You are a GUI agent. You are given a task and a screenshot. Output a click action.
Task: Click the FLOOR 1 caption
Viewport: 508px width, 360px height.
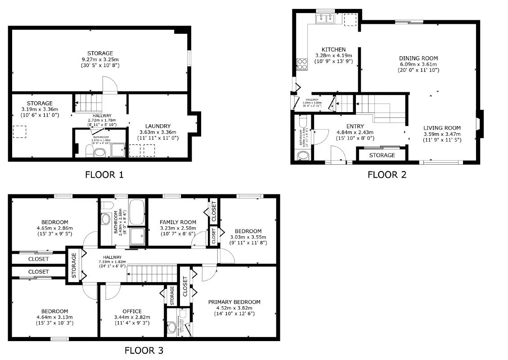pyautogui.click(x=104, y=175)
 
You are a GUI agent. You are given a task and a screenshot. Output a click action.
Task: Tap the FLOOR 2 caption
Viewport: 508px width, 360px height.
pyautogui.click(x=387, y=175)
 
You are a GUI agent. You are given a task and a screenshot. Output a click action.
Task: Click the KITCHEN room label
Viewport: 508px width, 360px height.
pyautogui.click(x=333, y=49)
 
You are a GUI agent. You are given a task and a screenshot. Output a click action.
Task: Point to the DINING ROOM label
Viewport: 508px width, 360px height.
pyautogui.click(x=418, y=58)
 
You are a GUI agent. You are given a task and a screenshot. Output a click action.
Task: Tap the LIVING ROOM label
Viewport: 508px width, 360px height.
pyautogui.click(x=442, y=128)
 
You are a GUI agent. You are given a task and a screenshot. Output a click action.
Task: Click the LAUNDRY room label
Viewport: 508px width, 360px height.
pyautogui.click(x=157, y=126)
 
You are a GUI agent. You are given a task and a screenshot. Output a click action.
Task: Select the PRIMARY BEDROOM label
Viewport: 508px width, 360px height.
pyautogui.click(x=234, y=302)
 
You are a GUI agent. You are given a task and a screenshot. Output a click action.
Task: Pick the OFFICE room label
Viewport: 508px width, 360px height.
pyautogui.click(x=132, y=311)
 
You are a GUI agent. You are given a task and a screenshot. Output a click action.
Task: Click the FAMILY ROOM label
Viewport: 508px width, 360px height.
pyautogui.click(x=178, y=222)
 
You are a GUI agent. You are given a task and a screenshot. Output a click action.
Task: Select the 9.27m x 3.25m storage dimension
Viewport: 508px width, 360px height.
pyautogui.click(x=100, y=59)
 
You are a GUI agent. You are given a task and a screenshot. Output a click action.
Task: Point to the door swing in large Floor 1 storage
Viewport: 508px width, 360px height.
pyautogui.click(x=110, y=84)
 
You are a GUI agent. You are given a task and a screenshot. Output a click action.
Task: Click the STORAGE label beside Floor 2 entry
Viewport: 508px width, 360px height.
pyautogui.click(x=382, y=155)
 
